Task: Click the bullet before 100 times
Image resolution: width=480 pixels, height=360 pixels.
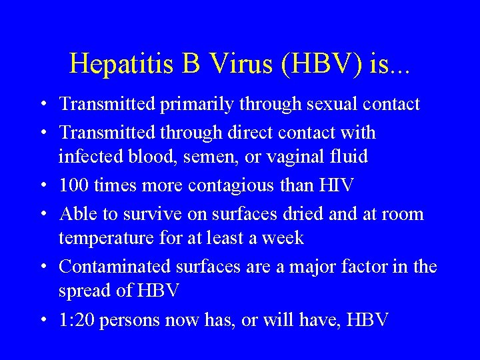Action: [x=43, y=185]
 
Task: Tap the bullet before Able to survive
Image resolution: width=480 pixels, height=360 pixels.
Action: [x=43, y=214]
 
